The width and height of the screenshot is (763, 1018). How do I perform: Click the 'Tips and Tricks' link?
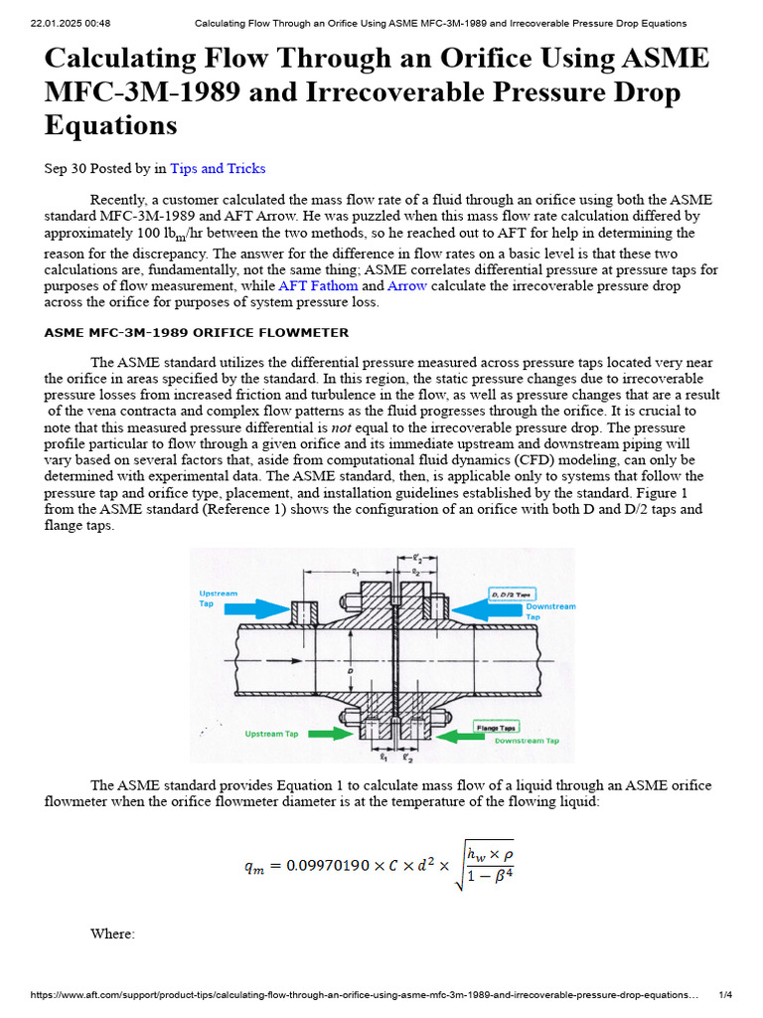pos(218,169)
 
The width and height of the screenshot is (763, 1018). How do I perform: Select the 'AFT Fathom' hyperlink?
pos(318,286)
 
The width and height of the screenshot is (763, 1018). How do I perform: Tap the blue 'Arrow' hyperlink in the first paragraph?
pos(406,286)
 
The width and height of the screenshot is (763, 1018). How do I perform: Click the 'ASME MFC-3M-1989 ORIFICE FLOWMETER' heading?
pos(197,333)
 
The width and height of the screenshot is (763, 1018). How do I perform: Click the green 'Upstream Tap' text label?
pos(271,734)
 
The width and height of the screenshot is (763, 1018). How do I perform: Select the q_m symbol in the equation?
pos(256,867)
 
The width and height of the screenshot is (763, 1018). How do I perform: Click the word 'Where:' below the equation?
pos(111,933)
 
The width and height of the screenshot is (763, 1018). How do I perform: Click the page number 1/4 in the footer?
pos(724,995)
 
